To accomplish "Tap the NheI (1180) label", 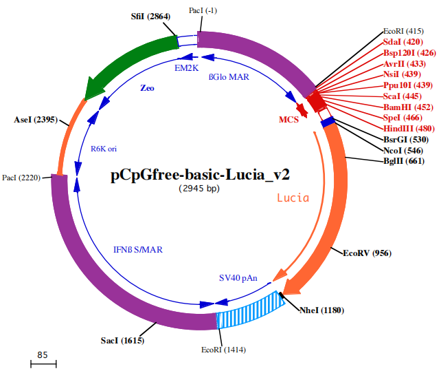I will click(x=322, y=310).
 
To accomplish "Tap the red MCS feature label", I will click(x=289, y=120).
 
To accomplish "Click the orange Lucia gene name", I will click(x=293, y=198).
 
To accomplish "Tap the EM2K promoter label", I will click(x=186, y=68).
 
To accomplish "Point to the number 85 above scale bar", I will click(x=43, y=355).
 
